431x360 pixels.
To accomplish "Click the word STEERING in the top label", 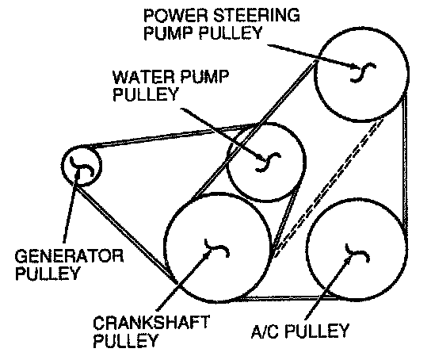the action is point(256,15).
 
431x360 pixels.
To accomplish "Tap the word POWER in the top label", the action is point(176,15).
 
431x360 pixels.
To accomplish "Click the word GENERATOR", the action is point(69,256).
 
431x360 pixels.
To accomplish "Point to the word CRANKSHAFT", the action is point(151,324).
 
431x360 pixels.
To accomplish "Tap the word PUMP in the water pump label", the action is point(201,77).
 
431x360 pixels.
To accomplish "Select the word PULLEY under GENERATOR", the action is point(48,273).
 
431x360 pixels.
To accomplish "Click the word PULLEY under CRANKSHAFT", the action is point(125,340).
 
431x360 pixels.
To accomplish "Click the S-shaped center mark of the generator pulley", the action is point(82,167).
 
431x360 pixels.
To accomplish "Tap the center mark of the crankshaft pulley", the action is point(217,247).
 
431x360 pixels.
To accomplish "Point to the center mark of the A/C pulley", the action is point(357,253).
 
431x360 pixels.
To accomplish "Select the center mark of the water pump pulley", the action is point(269,163).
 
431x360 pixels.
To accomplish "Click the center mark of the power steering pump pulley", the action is point(363,72).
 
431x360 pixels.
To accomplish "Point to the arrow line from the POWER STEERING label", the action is point(315,56).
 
